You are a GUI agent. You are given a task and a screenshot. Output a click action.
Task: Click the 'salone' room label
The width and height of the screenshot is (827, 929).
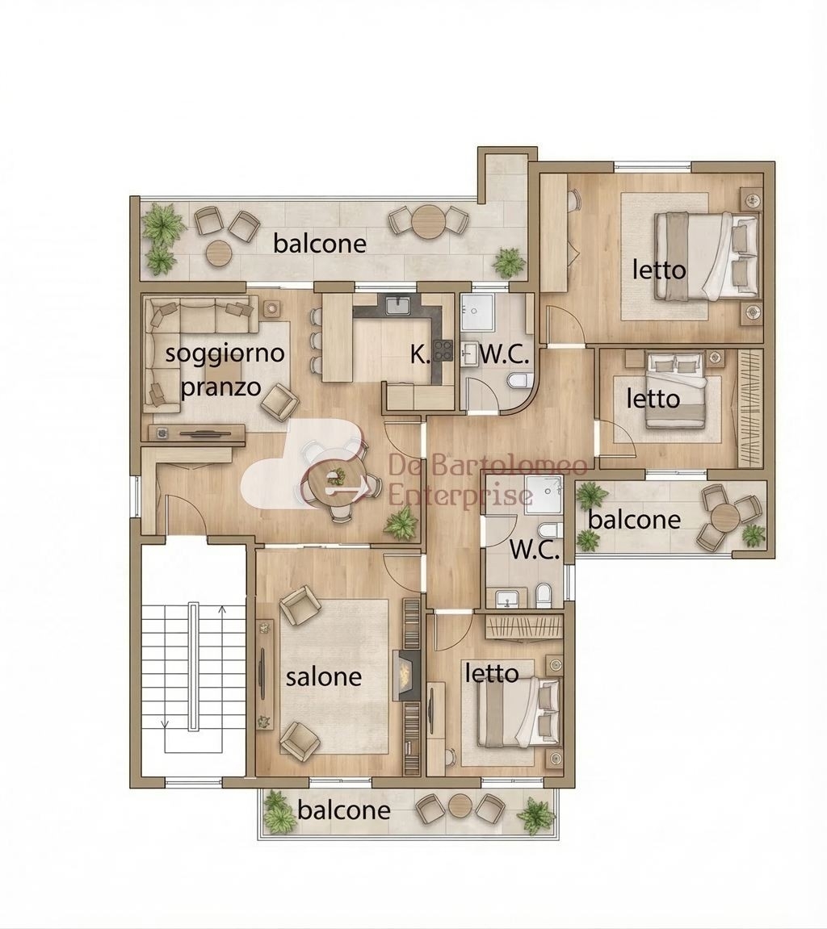324,676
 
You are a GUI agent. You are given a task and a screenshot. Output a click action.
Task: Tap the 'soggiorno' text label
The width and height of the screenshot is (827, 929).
225,354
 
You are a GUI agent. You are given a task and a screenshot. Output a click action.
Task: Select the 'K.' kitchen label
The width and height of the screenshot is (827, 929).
420,355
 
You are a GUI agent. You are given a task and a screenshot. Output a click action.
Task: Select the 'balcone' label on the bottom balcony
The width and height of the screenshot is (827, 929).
344,810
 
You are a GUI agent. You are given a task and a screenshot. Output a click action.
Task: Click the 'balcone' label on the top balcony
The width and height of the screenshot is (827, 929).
320,243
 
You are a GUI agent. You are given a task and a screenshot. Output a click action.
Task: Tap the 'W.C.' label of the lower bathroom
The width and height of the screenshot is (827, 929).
535,550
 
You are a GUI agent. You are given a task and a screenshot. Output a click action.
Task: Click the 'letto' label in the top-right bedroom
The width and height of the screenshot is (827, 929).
659,270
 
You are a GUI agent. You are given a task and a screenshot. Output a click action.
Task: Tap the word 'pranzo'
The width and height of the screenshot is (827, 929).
220,387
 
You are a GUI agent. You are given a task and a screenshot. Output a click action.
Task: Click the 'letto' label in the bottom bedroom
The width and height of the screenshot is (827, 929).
492,673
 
